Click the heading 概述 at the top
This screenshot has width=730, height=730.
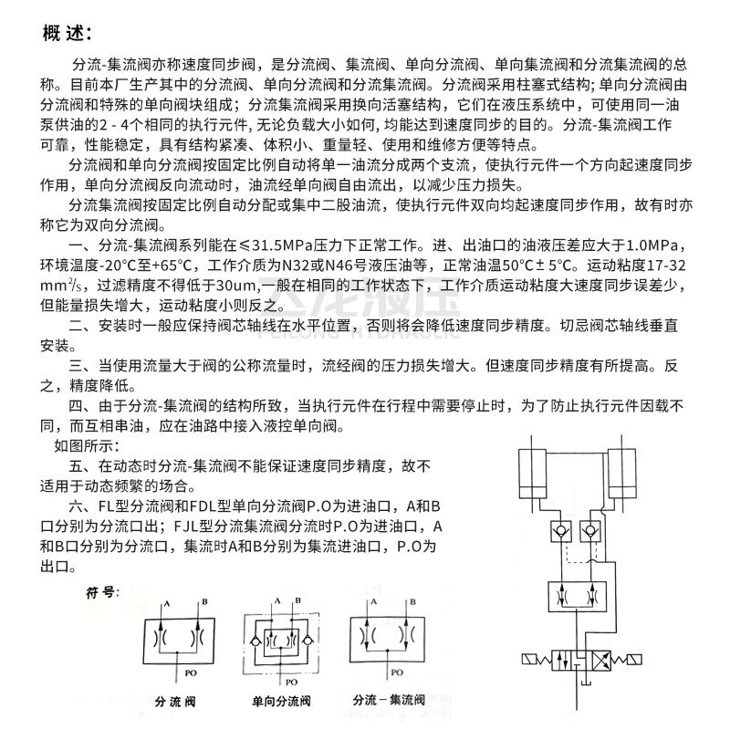coord(67,35)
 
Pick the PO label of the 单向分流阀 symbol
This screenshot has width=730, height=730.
coord(290,680)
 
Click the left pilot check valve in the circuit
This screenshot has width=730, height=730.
coord(548,529)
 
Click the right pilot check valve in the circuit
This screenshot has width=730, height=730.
coord(590,529)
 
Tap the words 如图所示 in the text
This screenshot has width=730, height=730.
coord(86,446)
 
